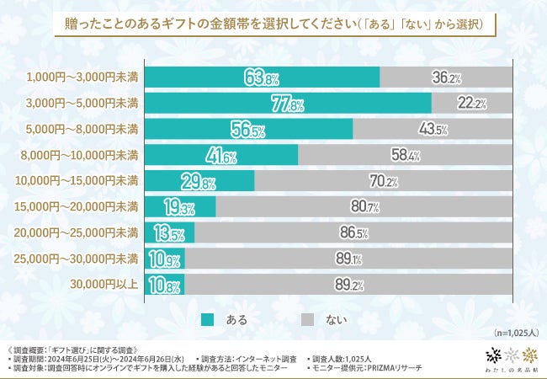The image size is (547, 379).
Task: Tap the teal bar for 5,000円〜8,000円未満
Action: pyautogui.click(x=248, y=129)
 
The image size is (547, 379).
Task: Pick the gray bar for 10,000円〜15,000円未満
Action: pyautogui.click(x=383, y=181)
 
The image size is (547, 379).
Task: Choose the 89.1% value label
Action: pyautogui.click(x=348, y=259)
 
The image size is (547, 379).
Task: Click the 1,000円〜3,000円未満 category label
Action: pyautogui.click(x=82, y=77)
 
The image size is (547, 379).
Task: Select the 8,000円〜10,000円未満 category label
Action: pyautogui.click(x=79, y=155)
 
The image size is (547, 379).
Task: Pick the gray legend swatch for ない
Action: pyautogui.click(x=308, y=319)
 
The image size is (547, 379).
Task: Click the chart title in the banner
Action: pyautogui.click(x=273, y=24)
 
